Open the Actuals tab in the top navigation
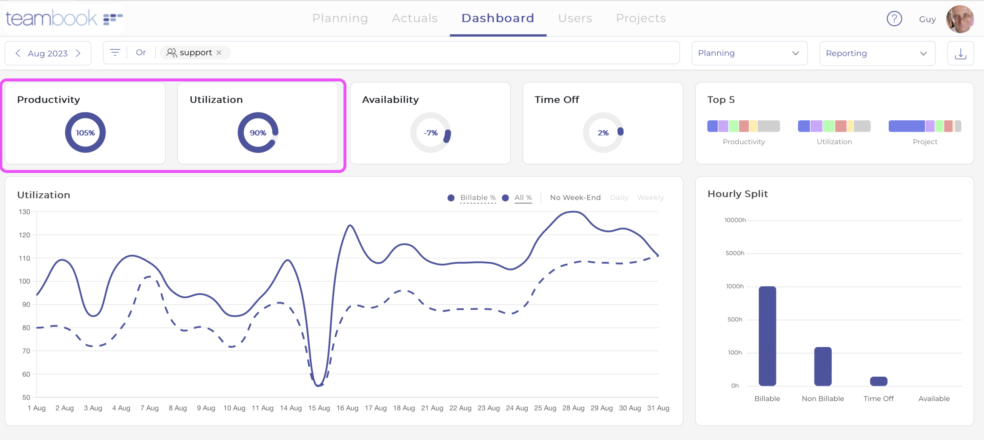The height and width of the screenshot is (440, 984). tap(414, 18)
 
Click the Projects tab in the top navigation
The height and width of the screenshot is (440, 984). tap(641, 18)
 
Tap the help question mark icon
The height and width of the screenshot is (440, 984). tap(894, 18)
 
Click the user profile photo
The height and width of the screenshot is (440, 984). tap(960, 19)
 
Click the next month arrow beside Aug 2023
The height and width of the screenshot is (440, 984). tap(78, 53)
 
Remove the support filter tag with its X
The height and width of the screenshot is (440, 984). tap(219, 53)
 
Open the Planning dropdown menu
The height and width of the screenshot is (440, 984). tap(749, 53)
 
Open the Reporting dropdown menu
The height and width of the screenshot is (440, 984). tap(877, 53)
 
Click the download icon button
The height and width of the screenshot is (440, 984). tap(960, 53)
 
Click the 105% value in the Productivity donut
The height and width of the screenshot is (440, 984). tap(85, 133)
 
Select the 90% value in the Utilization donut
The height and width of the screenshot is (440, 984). tap(258, 133)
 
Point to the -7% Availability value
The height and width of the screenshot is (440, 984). tap(430, 133)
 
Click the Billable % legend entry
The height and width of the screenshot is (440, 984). tap(477, 198)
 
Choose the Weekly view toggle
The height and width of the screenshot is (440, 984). tap(650, 198)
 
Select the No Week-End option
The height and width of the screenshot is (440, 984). tap(575, 198)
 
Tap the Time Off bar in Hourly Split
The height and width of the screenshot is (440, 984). tap(878, 381)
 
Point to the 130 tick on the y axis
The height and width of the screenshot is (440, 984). tap(25, 212)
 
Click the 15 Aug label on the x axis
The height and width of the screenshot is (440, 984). tap(319, 408)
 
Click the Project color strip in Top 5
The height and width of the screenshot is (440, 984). tap(924, 126)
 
